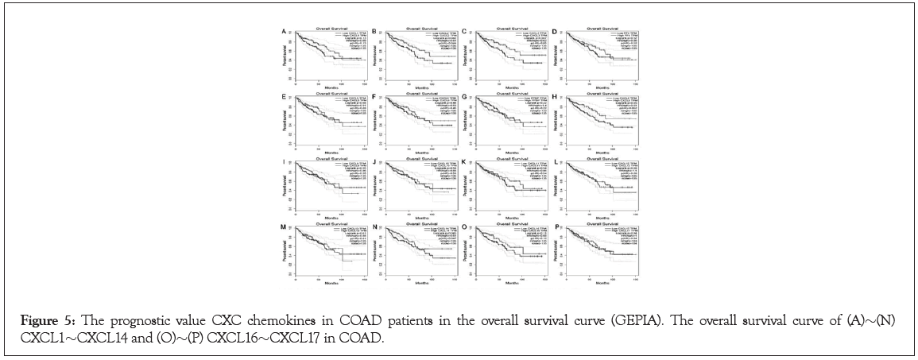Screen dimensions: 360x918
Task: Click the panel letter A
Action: pyautogui.click(x=285, y=32)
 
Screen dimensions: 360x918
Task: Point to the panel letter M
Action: pyautogui.click(x=285, y=226)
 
